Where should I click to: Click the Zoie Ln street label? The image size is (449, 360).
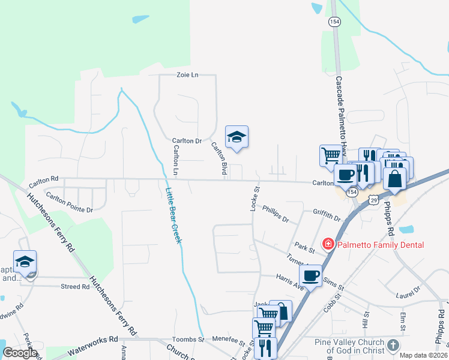tap(187, 75)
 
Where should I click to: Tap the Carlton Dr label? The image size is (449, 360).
tap(187, 140)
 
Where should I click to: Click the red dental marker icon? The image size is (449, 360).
tap(328, 244)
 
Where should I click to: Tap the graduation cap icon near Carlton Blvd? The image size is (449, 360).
tap(237, 137)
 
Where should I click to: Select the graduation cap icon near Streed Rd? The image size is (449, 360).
tap(25, 262)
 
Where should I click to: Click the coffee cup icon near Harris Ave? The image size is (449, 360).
tap(310, 276)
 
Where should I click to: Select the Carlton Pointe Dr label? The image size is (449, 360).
tap(69, 202)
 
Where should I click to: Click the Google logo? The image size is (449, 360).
tap(20, 353)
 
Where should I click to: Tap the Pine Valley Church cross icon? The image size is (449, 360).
tap(393, 345)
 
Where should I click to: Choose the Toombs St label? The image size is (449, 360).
tap(189, 339)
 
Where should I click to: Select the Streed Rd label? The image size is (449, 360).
tap(75, 286)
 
